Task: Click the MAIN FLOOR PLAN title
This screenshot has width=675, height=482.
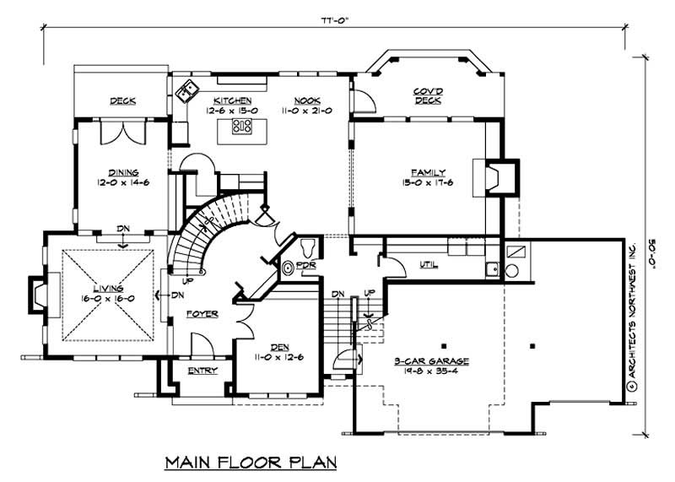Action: tap(251, 462)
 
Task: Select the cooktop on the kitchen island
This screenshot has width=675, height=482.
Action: tap(242, 127)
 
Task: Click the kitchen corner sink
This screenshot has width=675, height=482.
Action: tap(187, 88)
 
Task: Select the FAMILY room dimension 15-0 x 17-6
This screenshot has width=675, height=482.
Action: tap(429, 184)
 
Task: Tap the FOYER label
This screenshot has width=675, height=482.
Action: tap(203, 314)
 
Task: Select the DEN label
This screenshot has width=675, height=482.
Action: tap(278, 346)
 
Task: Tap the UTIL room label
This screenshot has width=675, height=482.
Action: tap(429, 264)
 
